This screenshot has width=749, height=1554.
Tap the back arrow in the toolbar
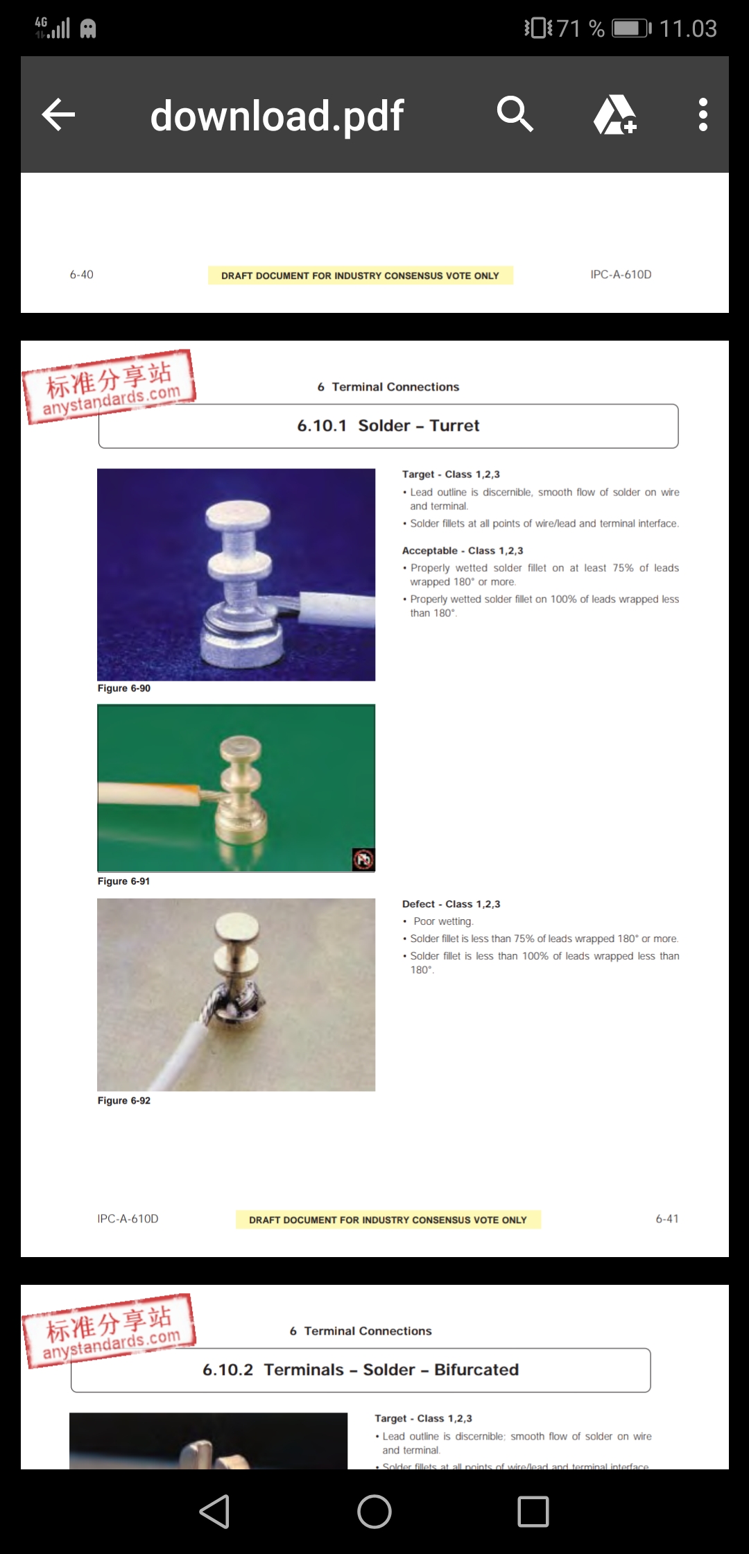coord(59,114)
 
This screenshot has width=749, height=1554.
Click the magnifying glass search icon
coord(515,114)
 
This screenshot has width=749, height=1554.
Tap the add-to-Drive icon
coord(615,114)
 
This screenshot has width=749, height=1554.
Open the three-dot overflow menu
coord(703,114)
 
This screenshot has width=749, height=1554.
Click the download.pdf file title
coord(277,116)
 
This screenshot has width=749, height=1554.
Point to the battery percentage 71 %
coord(580,28)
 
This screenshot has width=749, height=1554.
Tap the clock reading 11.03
coord(687,28)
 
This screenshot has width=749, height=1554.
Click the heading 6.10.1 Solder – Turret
coord(388,426)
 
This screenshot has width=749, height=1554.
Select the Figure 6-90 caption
coord(124,688)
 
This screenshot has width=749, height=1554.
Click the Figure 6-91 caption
coord(124,881)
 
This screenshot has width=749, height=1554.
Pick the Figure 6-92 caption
coord(124,1100)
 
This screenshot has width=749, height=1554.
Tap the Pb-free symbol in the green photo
coord(363,860)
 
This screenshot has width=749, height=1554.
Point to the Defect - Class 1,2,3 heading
coord(451,904)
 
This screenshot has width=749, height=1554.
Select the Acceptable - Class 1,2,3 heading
coord(463,550)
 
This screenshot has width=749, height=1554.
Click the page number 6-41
coord(666,1219)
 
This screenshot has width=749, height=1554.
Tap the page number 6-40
coord(81,275)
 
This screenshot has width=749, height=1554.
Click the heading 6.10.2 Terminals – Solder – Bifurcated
coord(360,1370)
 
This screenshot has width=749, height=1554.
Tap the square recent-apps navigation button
coord(533,1511)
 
